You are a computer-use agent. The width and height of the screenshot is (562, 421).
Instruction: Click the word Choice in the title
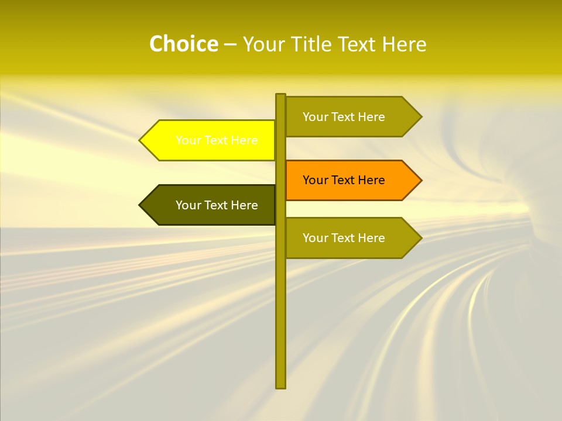click(x=183, y=44)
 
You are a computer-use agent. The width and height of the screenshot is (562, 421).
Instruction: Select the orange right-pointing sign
click(x=345, y=180)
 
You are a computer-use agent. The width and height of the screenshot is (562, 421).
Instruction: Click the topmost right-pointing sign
click(x=345, y=117)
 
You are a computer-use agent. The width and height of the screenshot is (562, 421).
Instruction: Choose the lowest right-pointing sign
click(x=345, y=238)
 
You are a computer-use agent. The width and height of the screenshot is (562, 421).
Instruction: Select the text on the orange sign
click(x=344, y=180)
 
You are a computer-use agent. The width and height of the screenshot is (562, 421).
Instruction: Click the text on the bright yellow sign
click(x=217, y=140)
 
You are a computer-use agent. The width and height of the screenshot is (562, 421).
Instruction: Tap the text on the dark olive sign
click(x=217, y=205)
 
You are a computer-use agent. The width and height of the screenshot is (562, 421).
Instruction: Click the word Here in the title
click(x=404, y=44)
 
